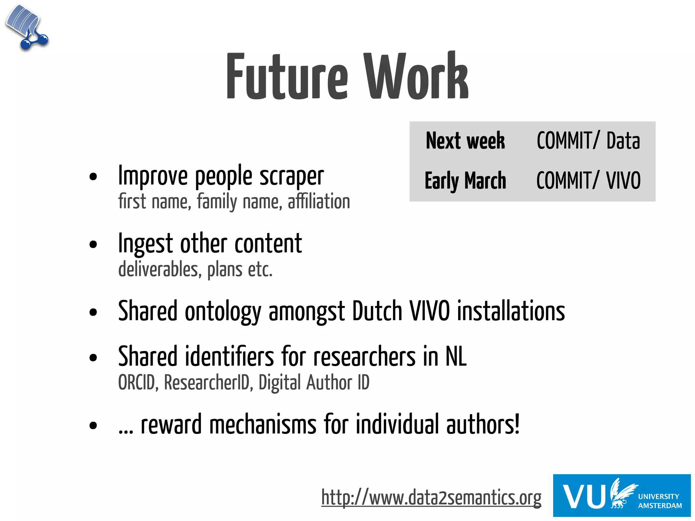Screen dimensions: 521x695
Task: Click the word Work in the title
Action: (416, 76)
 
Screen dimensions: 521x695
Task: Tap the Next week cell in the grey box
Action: (465, 141)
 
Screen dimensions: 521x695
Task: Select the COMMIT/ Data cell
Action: (588, 141)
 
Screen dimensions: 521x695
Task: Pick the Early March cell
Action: (465, 180)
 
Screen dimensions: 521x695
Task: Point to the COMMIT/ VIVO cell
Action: (588, 180)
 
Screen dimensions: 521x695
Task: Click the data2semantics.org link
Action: (431, 498)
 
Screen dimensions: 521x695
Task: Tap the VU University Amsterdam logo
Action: (622, 496)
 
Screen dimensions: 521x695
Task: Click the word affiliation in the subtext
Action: (319, 201)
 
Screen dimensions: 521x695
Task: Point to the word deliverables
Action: (158, 270)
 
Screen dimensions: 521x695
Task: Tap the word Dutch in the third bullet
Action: (377, 311)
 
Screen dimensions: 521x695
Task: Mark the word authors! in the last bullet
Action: (483, 425)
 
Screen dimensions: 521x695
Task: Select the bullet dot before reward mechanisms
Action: (93, 425)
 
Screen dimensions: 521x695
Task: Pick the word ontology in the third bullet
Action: (223, 312)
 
